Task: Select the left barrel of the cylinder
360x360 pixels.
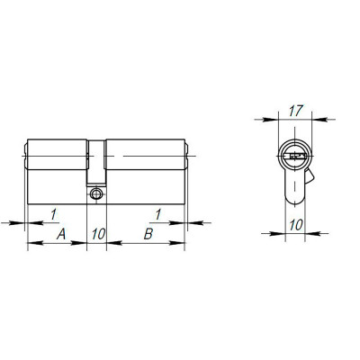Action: pyautogui.click(x=58, y=158)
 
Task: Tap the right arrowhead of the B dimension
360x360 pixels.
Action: pyautogui.click(x=185, y=244)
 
